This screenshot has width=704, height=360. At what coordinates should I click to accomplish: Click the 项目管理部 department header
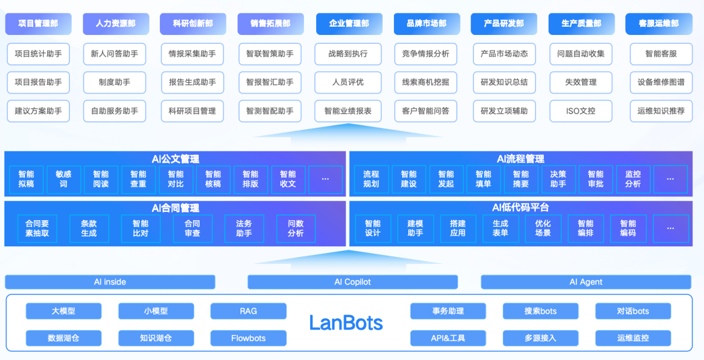click(x=38, y=24)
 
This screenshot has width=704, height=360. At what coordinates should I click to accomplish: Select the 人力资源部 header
click(x=115, y=24)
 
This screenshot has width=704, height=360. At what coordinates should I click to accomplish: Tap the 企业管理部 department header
click(x=348, y=24)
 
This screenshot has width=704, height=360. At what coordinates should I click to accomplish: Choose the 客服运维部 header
click(x=658, y=24)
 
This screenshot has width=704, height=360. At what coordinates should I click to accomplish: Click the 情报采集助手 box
click(x=192, y=54)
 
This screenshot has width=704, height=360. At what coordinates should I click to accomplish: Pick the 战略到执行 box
click(x=348, y=54)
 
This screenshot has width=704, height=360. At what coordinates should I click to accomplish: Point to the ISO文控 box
click(x=580, y=111)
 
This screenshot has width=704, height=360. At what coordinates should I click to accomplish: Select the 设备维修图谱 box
click(x=661, y=82)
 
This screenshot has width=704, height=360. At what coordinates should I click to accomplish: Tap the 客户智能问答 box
click(x=426, y=111)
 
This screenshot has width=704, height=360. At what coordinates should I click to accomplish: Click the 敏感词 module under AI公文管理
click(x=63, y=179)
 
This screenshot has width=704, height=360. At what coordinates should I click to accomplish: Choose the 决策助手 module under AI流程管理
click(x=558, y=179)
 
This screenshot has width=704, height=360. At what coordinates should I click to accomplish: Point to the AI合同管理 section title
click(x=175, y=208)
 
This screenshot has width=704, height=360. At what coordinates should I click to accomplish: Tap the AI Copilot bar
click(x=352, y=282)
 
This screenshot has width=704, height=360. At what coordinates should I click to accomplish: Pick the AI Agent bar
click(x=586, y=282)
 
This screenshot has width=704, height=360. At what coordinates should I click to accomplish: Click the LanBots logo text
click(x=346, y=322)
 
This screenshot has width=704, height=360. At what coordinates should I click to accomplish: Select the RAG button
click(x=248, y=311)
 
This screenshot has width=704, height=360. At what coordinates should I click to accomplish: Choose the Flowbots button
click(x=248, y=338)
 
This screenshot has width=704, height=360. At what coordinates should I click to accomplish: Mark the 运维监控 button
click(x=632, y=338)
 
